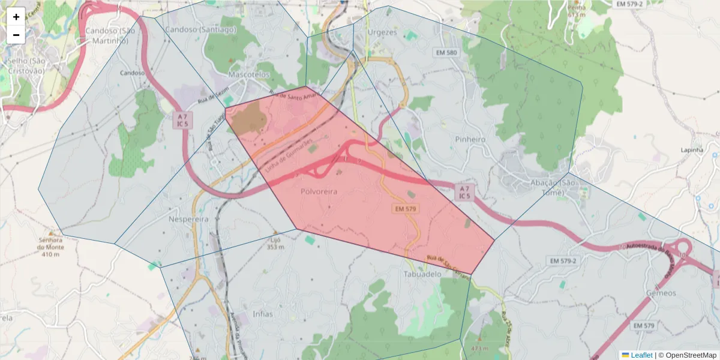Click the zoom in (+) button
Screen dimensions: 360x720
pyautogui.click(x=16, y=17)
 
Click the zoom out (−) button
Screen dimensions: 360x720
pyautogui.click(x=16, y=35)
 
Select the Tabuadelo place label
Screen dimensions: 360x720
pyautogui.click(x=422, y=274)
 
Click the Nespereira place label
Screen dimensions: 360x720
pyautogui.click(x=188, y=219)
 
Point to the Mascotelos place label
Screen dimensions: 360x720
pyautogui.click(x=250, y=75)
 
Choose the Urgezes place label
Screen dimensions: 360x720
pyautogui.click(x=382, y=32)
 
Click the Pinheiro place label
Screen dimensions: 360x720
pyautogui.click(x=470, y=139)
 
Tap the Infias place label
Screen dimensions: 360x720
pyautogui.click(x=263, y=314)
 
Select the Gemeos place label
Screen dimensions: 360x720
pyautogui.click(x=661, y=293)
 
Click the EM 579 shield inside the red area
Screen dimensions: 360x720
pyautogui.click(x=406, y=209)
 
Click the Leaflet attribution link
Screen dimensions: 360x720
pyautogui.click(x=641, y=355)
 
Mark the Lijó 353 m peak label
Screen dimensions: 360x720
pyautogui.click(x=274, y=242)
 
